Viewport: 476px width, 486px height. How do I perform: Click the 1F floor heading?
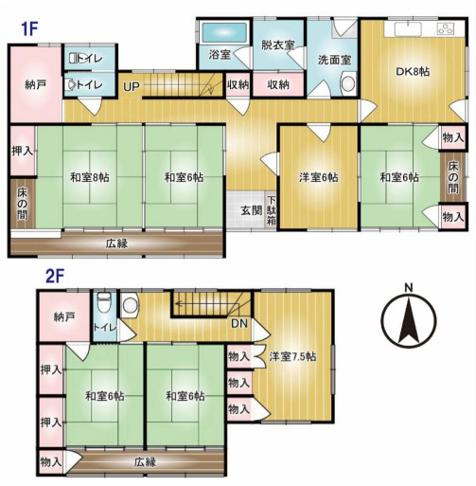click(29, 28)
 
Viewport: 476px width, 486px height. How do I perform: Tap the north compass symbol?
click(408, 320)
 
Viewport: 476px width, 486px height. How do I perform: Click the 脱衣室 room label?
click(278, 45)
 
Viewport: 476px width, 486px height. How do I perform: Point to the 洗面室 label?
click(334, 59)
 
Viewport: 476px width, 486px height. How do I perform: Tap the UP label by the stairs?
click(131, 87)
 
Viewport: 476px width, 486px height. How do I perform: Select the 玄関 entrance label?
click(251, 208)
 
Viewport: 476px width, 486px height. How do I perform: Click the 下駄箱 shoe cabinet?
click(272, 208)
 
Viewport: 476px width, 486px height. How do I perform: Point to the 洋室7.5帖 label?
click(292, 356)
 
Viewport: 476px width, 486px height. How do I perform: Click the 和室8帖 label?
click(87, 176)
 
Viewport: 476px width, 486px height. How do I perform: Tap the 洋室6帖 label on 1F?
click(318, 177)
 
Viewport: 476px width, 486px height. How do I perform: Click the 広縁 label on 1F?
click(116, 243)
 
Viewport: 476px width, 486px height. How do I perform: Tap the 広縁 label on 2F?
click(144, 462)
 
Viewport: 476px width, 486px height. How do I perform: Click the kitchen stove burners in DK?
click(445, 29)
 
